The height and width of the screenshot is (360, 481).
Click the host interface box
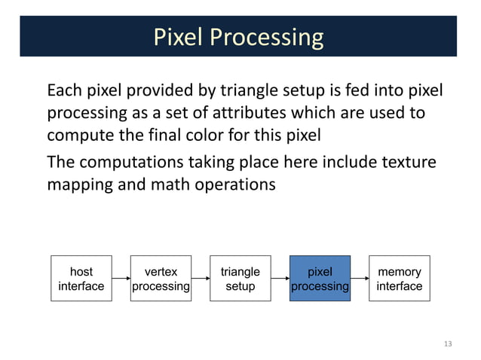81,279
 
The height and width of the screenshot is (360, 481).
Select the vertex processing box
161,279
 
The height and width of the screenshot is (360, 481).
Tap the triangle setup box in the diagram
240,279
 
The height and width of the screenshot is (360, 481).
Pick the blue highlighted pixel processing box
320,279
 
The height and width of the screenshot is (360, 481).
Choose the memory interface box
399,279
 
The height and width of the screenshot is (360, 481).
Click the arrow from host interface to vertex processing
121,279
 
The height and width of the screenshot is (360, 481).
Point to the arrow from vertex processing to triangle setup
200,279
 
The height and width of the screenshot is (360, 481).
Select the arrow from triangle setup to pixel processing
280,279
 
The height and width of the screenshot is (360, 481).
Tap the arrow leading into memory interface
359,279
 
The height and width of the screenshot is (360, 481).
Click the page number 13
448,344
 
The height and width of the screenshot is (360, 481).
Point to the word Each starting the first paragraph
64,92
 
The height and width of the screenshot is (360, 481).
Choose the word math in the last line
180,185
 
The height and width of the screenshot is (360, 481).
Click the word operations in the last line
240,185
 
